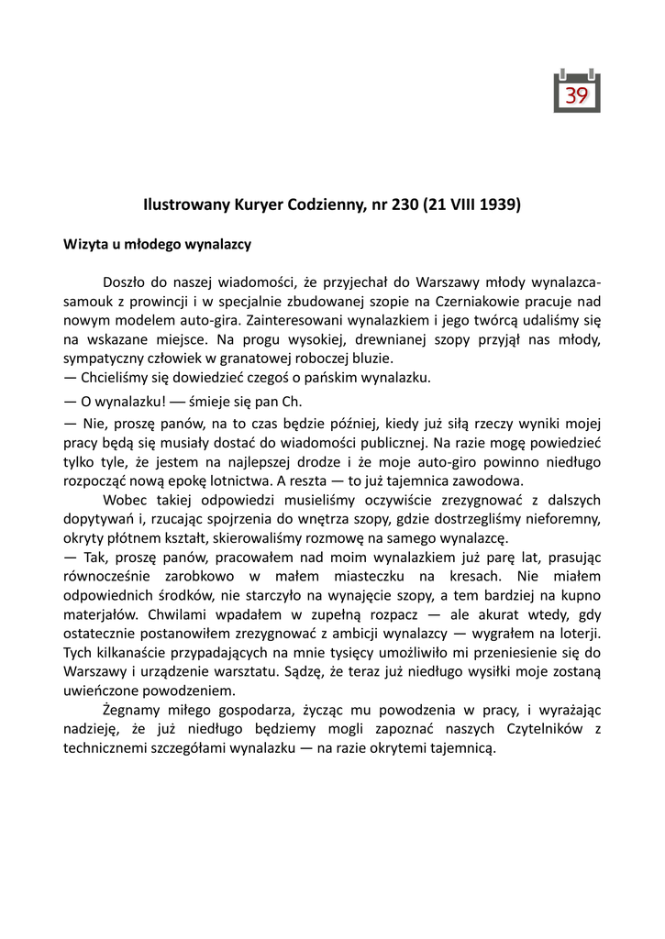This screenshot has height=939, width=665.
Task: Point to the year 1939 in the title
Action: click(498, 205)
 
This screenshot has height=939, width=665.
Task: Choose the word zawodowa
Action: click(488, 480)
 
